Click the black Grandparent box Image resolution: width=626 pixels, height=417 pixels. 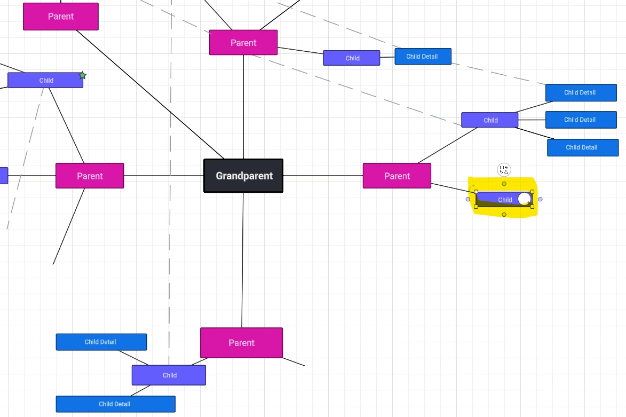tap(243, 176)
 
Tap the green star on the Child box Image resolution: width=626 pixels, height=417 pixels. tap(83, 76)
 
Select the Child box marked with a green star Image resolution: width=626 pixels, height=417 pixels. tap(45, 81)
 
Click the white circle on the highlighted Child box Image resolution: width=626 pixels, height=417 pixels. tap(524, 199)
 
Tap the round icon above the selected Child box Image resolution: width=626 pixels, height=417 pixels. tap(504, 170)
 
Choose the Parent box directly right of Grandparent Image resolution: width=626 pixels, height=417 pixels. tap(397, 176)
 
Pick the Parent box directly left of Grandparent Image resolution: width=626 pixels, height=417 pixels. tap(90, 176)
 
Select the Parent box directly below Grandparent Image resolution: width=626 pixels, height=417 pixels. tap(241, 343)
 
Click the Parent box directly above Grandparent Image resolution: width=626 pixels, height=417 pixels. tap(243, 43)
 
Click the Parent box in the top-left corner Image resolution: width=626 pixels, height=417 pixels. tap(61, 17)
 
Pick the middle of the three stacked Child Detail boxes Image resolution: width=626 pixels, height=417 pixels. tap(581, 120)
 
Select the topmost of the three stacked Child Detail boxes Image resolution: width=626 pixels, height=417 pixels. tap(581, 92)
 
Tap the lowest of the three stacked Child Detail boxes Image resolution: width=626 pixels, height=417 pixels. tap(582, 147)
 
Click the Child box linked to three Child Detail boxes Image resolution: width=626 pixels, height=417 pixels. tap(489, 120)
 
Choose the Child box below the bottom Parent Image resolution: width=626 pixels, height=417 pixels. tap(169, 375)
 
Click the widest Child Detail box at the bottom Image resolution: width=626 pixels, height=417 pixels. tap(115, 404)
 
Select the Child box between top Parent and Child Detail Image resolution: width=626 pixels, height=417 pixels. tap(351, 58)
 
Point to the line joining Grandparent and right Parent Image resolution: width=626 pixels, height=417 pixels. tap(323, 176)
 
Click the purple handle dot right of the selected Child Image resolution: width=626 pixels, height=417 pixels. tap(540, 199)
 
